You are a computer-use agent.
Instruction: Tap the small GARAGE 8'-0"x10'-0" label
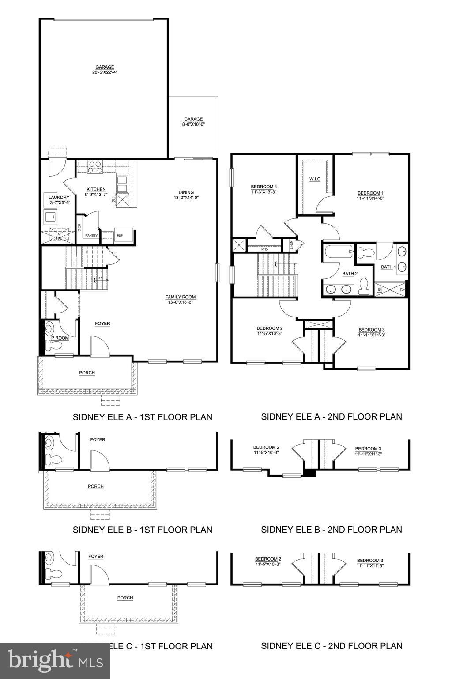(193, 122)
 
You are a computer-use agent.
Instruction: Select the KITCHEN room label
(96, 191)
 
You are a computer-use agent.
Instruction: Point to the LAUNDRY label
(59, 200)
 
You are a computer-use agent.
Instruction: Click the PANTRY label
(91, 236)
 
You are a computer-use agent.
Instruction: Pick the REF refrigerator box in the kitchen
(120, 235)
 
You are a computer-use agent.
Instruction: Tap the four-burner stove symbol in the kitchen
(94, 167)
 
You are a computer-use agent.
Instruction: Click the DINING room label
(186, 195)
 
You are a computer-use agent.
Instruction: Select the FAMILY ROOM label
(180, 299)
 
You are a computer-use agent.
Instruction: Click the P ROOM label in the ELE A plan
(60, 338)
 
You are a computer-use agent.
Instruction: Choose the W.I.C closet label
(315, 179)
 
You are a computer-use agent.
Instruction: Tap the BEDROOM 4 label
(264, 189)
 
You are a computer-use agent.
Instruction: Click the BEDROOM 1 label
(370, 195)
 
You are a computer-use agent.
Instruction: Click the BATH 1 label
(388, 267)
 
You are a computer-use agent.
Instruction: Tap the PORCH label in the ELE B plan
(96, 486)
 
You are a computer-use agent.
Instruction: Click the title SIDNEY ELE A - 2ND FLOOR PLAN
(331, 416)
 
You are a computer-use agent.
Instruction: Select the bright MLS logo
(55, 661)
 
